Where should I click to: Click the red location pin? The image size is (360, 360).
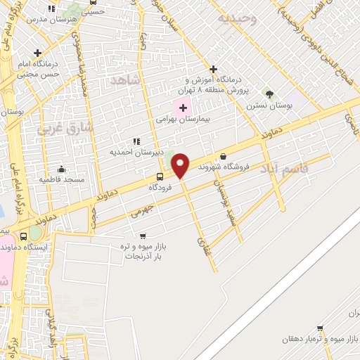click(x=181, y=165)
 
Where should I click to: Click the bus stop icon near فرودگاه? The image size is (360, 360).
click(x=160, y=176)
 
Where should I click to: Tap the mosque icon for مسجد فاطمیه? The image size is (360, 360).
click(x=62, y=169)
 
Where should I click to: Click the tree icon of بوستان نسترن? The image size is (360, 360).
click(x=269, y=94)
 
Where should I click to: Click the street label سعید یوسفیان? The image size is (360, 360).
click(x=226, y=204)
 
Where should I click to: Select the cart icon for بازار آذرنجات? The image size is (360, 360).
click(x=143, y=236)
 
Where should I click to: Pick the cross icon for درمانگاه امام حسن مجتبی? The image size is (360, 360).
click(x=37, y=53)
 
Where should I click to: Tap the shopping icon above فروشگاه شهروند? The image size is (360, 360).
click(x=224, y=156)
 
